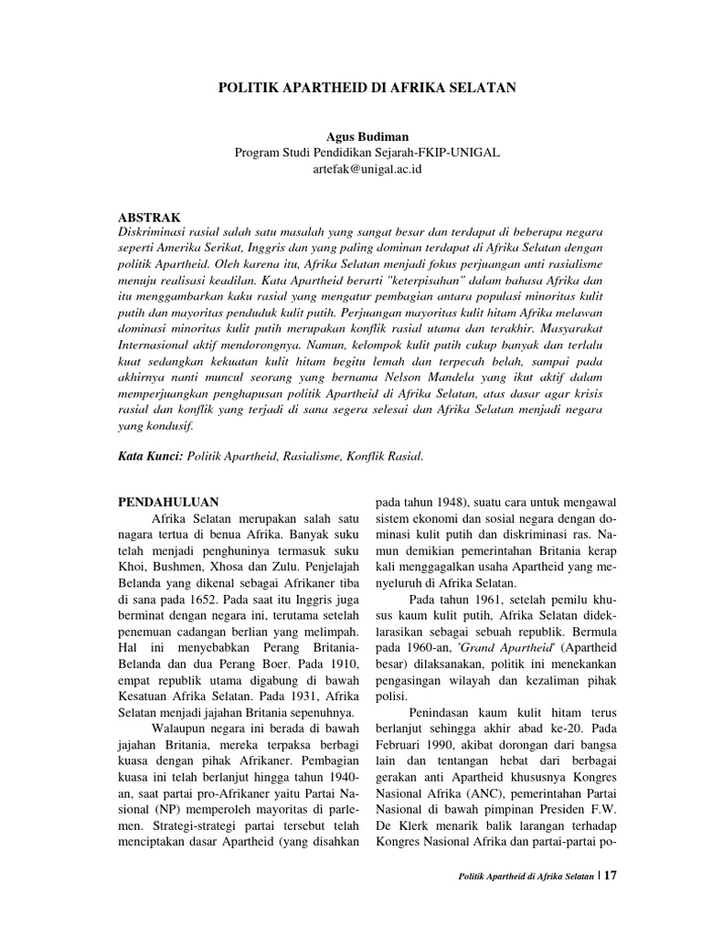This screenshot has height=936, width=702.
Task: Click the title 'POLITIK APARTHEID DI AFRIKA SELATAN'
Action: pyautogui.click(x=366, y=88)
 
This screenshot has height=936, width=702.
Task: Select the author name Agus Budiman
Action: pyautogui.click(x=366, y=137)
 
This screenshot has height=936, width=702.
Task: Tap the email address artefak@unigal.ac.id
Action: pyautogui.click(x=366, y=169)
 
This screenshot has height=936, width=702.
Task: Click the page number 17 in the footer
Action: pyautogui.click(x=611, y=901)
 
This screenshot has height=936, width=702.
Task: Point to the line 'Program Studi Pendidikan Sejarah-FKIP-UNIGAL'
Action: pyautogui.click(x=366, y=153)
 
